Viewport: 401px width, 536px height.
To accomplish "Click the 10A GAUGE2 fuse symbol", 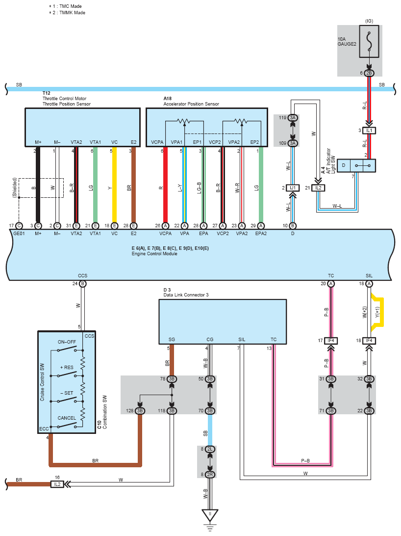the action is [x=369, y=41].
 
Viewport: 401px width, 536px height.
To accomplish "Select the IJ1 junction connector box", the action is [x=293, y=188].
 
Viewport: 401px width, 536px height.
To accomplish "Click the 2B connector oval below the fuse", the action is [x=369, y=73].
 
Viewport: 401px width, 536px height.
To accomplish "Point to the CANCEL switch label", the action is [x=67, y=418].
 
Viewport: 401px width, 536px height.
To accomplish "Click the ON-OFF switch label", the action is [x=67, y=342].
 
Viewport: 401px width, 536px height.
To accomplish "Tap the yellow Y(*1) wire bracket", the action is [x=378, y=313].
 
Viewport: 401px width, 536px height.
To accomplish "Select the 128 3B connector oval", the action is [x=140, y=410].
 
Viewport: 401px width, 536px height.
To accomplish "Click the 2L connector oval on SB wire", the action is [x=210, y=449].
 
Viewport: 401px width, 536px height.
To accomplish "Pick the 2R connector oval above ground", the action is [x=210, y=474].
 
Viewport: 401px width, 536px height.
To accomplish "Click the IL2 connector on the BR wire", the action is [x=57, y=484].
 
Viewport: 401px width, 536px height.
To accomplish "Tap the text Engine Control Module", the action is [x=154, y=254].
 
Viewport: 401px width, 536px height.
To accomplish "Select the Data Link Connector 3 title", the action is [x=186, y=295].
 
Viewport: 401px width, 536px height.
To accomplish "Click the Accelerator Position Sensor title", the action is [x=191, y=104].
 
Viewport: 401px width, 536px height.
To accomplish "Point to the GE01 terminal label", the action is [x=19, y=234].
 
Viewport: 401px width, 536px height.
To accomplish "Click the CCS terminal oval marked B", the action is [x=82, y=284].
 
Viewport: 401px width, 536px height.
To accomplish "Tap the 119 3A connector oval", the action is [x=293, y=118].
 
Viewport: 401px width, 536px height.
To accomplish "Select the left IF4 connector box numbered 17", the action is [x=331, y=341].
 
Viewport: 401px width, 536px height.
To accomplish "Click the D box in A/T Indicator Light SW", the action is [x=344, y=165].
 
